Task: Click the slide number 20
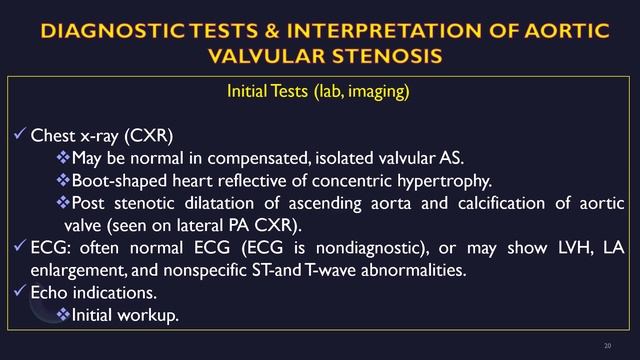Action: tap(608, 346)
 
